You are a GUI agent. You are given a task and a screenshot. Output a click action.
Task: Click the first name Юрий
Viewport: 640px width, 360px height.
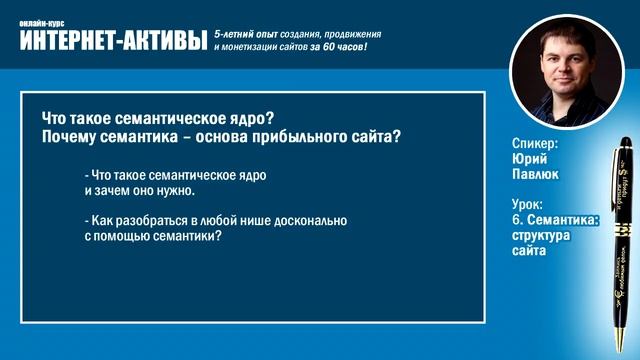(528, 159)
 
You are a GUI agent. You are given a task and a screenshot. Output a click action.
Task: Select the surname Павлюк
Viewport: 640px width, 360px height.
(535, 174)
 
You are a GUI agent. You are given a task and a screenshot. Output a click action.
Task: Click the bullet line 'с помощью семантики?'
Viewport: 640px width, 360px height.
(152, 237)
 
